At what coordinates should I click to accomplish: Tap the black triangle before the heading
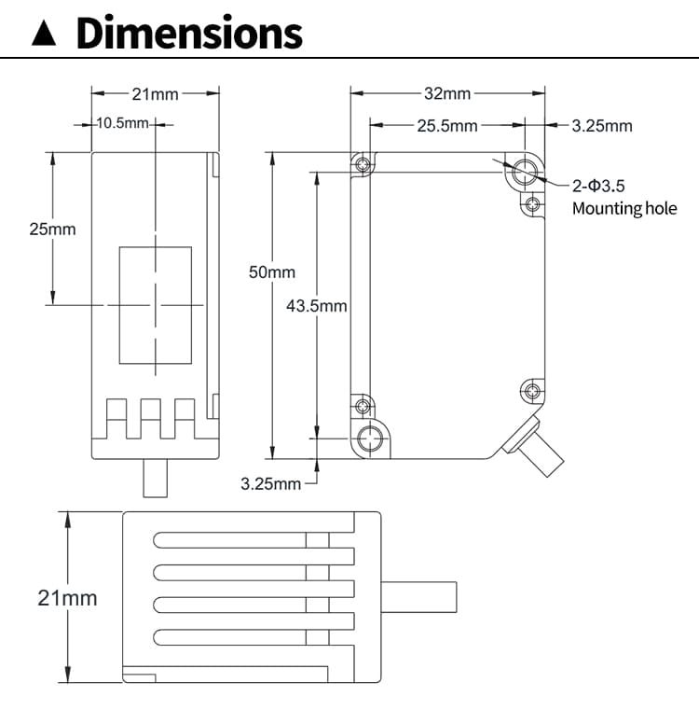click(x=44, y=35)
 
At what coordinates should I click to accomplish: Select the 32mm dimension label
click(x=447, y=93)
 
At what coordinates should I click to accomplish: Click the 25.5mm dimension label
click(x=446, y=126)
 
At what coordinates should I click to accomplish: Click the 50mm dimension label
click(x=271, y=272)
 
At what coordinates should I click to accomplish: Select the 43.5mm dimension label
click(x=316, y=306)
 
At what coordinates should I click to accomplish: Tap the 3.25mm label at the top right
click(x=601, y=126)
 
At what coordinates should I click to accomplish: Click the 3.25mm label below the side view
click(x=271, y=483)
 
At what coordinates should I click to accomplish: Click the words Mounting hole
click(x=624, y=208)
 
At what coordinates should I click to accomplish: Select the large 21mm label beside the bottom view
click(x=67, y=598)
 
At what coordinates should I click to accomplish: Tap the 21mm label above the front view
click(x=156, y=93)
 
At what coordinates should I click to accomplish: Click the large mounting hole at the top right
click(x=524, y=171)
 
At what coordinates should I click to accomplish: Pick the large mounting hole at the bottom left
click(x=372, y=438)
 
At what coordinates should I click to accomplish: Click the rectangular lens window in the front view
click(x=155, y=305)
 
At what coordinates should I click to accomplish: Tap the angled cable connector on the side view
click(x=536, y=449)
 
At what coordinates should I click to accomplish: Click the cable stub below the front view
click(x=155, y=478)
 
